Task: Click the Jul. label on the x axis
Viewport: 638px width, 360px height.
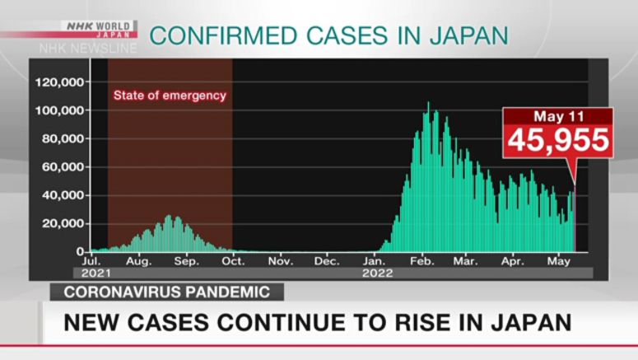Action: (x=91, y=261)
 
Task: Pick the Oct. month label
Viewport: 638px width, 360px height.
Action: (x=233, y=261)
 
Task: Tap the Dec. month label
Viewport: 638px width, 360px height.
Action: (x=328, y=261)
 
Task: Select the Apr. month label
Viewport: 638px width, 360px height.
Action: (x=513, y=261)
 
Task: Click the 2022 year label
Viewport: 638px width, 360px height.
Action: (x=377, y=273)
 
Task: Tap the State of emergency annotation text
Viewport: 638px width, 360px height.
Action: (x=170, y=96)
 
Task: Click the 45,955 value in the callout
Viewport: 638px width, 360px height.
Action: (x=558, y=141)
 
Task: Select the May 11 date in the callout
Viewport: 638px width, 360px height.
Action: (x=558, y=116)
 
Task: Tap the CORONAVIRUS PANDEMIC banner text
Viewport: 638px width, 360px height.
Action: (x=166, y=292)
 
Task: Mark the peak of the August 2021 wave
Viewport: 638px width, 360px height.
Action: (x=169, y=216)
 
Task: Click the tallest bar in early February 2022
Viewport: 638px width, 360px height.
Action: (x=428, y=103)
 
